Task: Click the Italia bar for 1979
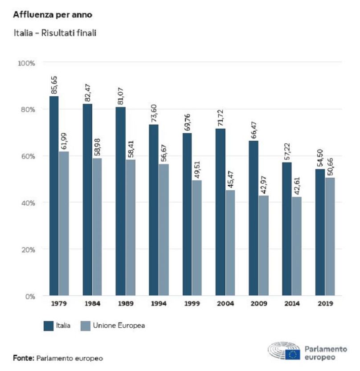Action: pos(54,196)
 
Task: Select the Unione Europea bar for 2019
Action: pos(330,236)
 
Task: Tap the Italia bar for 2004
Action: pos(220,212)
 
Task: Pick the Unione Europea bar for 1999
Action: pos(196,238)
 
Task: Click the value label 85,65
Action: pos(54,85)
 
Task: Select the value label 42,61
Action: pos(296,184)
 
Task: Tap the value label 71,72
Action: pos(221,117)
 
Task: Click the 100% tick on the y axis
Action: pos(26,63)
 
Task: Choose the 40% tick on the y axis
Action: pos(28,203)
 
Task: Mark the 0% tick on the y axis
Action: pos(29,296)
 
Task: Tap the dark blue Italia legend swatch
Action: pos(49,326)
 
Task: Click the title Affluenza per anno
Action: pos(52,15)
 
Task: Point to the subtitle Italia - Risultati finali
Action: pos(55,33)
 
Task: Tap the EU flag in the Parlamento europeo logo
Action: pos(293,354)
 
